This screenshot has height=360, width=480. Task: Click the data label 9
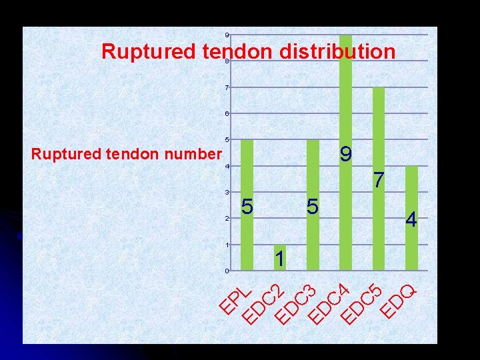pos(345,155)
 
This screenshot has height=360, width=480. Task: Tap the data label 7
pos(379,180)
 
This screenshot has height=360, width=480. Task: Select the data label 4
pos(411,219)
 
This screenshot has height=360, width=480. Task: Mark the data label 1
pos(280,259)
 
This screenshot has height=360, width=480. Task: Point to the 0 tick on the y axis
pos(227,271)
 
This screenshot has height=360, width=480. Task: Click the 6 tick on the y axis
pos(227,113)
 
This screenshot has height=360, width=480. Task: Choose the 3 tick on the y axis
pos(227,193)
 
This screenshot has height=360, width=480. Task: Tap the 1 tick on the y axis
pos(227,245)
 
